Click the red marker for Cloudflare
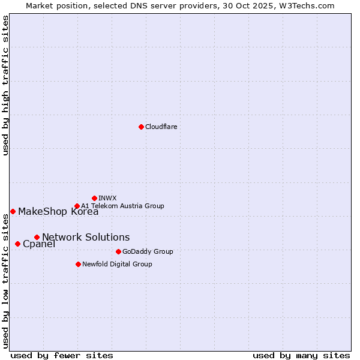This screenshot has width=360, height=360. (x=141, y=127)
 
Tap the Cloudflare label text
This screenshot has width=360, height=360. (x=161, y=127)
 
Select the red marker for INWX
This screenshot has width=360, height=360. (x=94, y=198)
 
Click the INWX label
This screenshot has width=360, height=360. (x=107, y=198)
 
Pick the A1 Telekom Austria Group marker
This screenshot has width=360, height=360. (x=77, y=206)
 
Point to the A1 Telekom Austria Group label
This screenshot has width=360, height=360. (x=122, y=206)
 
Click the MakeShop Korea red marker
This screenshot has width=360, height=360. (x=13, y=211)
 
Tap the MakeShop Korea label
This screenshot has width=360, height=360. (x=58, y=211)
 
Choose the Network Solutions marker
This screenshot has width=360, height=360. (x=37, y=237)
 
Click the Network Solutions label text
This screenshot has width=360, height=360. (x=86, y=237)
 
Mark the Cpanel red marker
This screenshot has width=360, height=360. (x=17, y=244)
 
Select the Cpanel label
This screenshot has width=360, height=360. (x=39, y=244)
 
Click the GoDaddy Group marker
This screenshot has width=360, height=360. (x=118, y=251)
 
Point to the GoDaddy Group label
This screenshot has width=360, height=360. (x=148, y=251)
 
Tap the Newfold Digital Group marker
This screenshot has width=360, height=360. (x=78, y=264)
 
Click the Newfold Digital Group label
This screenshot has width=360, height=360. (x=117, y=264)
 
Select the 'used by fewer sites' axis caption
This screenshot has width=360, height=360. (x=62, y=355)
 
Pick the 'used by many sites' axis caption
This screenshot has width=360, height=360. (x=301, y=355)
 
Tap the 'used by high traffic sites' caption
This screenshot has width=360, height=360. (x=5, y=86)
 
